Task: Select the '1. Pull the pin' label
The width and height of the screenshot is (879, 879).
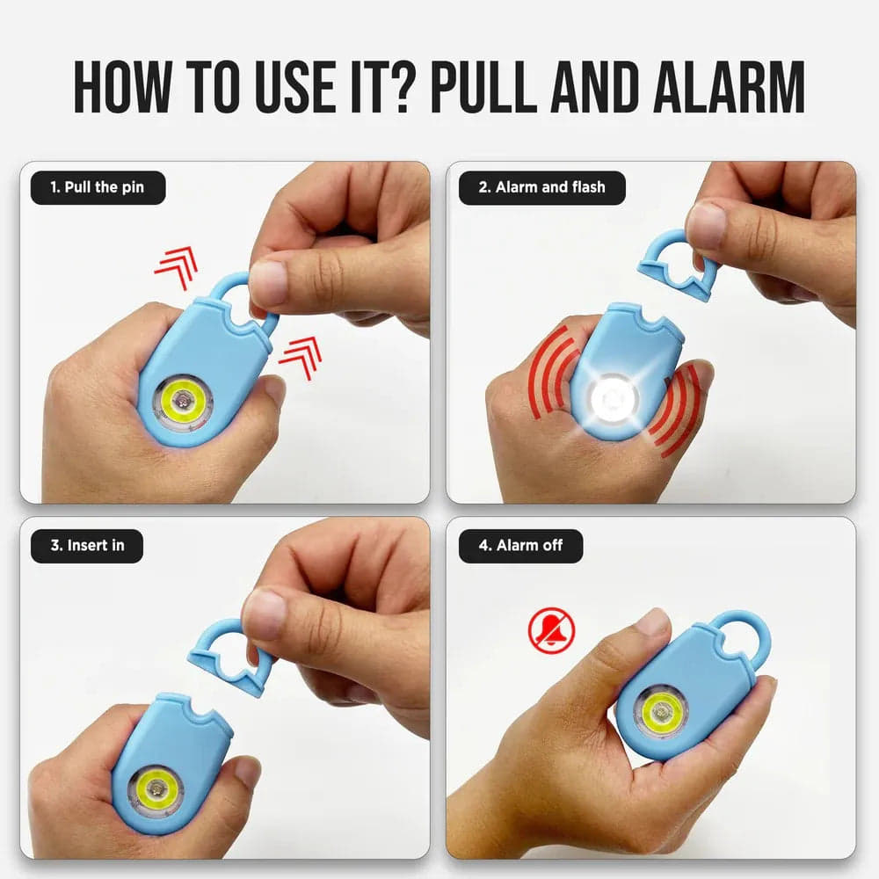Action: point(98,187)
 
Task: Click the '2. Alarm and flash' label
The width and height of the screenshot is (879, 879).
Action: point(541,187)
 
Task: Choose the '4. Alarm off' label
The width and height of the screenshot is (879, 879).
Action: point(520,545)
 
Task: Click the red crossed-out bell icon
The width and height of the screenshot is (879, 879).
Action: point(551,630)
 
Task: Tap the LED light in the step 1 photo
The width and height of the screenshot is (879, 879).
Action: point(183,402)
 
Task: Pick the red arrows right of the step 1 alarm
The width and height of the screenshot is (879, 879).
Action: point(301,358)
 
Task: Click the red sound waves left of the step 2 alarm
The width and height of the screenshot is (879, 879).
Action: point(548,377)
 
